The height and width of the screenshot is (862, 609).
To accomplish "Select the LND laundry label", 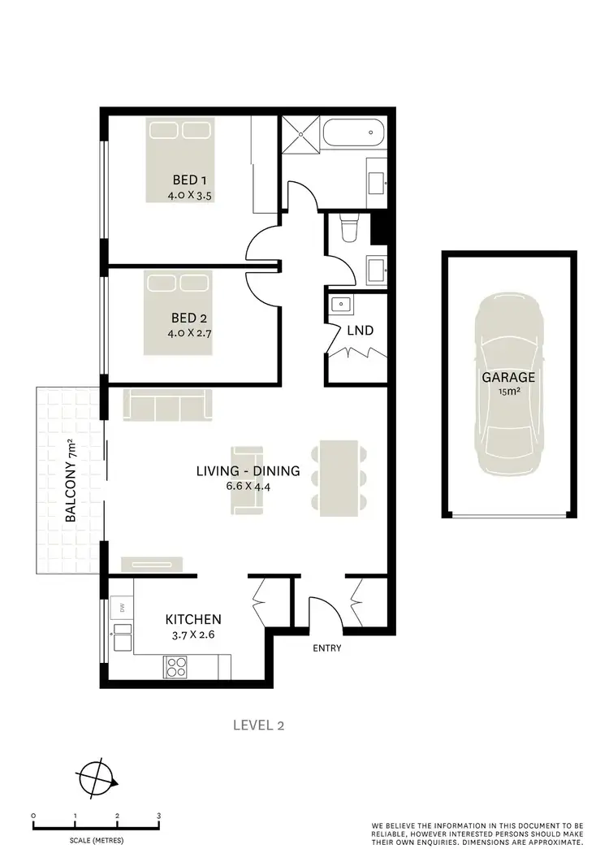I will point(359,331).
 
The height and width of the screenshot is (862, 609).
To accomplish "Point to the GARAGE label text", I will point(508,377).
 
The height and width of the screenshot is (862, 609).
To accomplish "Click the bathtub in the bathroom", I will point(352,132).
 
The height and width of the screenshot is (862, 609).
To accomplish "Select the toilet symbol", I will point(349,228).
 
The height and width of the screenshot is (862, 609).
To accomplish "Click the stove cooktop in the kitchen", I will point(176,666).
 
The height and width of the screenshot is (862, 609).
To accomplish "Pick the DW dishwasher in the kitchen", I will point(121,607).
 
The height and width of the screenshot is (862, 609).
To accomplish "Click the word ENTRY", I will point(327,648).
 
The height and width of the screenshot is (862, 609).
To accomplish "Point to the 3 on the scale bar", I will point(159,816).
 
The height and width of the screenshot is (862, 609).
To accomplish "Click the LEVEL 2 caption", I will point(258,726).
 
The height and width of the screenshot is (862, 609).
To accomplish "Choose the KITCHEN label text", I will point(193,619).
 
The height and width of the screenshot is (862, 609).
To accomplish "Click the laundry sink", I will point(341,306).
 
